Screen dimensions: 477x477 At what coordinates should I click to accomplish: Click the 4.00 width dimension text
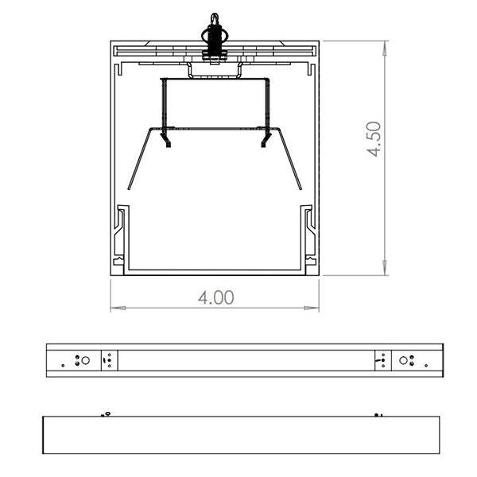coord(215,297)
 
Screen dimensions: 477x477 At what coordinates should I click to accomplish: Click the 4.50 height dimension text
coord(374,139)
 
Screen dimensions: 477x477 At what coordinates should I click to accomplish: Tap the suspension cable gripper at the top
coord(214,36)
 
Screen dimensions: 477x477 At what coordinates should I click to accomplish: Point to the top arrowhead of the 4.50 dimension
coord(386,48)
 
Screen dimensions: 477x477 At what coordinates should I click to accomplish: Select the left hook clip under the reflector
coord(166,139)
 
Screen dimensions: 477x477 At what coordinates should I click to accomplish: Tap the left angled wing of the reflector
coord(138,159)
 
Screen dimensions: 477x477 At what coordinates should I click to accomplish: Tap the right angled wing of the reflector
coord(291,159)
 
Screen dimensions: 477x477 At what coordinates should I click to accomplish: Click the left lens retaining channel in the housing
coord(121,235)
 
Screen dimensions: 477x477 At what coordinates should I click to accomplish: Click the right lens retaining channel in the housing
coord(308,235)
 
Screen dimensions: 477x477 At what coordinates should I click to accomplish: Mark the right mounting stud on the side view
coord(378,413)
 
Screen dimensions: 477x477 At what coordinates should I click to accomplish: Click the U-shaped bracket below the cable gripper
coord(215,72)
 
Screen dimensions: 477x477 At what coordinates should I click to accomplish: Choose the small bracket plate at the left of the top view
coord(109,360)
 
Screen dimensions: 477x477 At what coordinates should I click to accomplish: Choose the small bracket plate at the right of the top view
coord(381,360)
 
